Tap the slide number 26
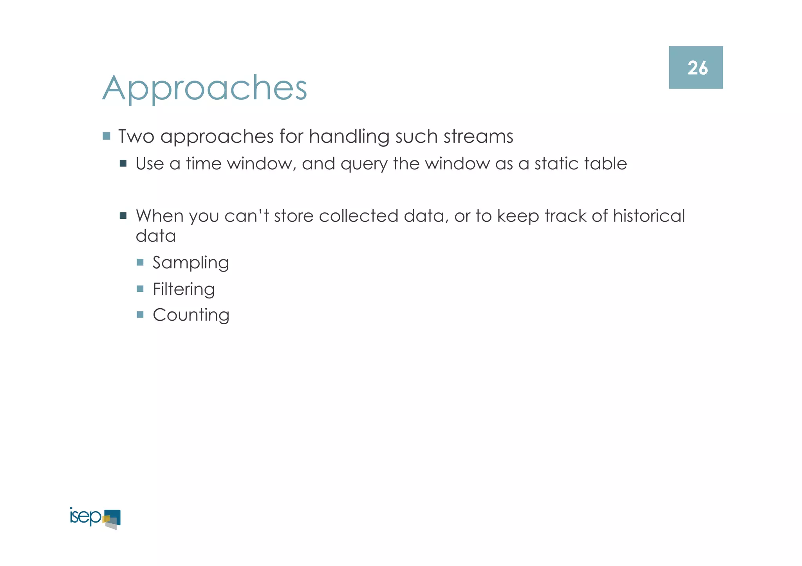697,68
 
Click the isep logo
95,518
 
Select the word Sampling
191,263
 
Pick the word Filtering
184,289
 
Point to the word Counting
191,315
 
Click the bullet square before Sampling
140,262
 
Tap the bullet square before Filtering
140,289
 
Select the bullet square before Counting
140,314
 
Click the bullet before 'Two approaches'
107,136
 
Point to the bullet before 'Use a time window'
123,163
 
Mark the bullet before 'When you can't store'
123,216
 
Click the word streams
478,137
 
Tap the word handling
349,137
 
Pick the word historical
649,216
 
